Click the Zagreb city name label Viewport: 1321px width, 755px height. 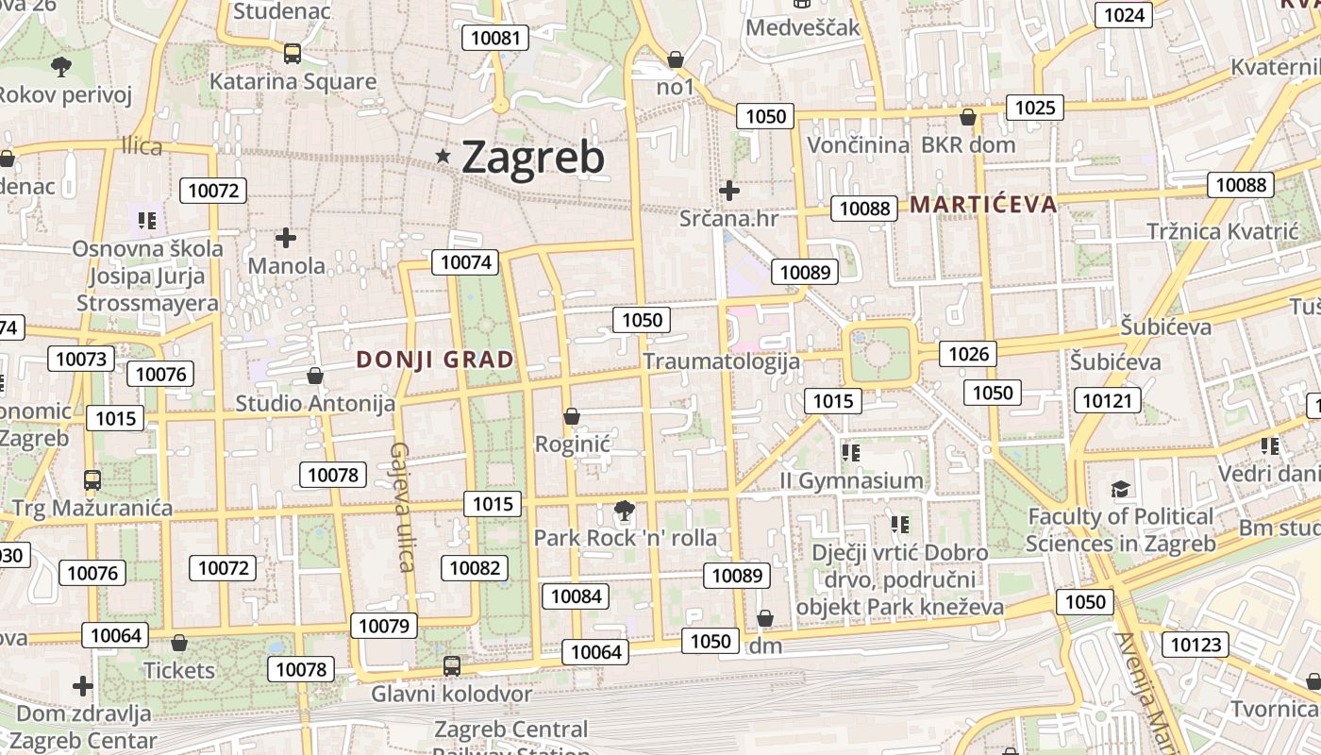coord(533,158)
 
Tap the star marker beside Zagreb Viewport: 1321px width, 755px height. coord(443,156)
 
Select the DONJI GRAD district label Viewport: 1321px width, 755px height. coord(435,360)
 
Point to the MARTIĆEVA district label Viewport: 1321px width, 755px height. coord(983,205)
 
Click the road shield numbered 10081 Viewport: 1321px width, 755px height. coord(494,38)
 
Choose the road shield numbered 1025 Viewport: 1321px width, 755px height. coord(1034,108)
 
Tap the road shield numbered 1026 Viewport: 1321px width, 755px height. coord(969,354)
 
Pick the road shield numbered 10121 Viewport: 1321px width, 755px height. coord(1107,401)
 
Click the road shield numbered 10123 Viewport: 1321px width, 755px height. coord(1196,646)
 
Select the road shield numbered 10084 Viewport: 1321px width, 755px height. coord(576,596)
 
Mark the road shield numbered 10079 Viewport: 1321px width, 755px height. coord(384,626)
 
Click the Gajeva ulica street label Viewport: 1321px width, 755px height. coord(403,507)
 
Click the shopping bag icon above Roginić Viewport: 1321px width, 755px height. coord(571,416)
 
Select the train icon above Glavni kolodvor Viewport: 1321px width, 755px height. coord(452,666)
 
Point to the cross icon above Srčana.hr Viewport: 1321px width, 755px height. coord(728,191)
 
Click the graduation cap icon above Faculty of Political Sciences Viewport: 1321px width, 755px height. coord(1120,489)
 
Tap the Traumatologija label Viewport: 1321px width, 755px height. coord(721,361)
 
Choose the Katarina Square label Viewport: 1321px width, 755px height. coord(293,82)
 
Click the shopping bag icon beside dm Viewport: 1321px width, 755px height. coord(765,619)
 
